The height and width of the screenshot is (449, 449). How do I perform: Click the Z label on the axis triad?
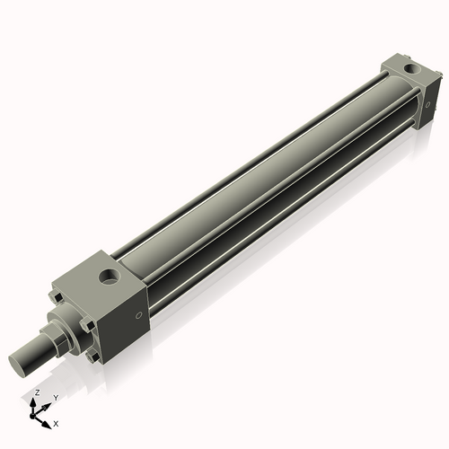36,392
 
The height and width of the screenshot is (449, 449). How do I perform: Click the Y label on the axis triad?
56,397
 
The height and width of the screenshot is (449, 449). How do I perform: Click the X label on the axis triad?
57,422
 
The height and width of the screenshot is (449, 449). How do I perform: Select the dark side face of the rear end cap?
429,95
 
